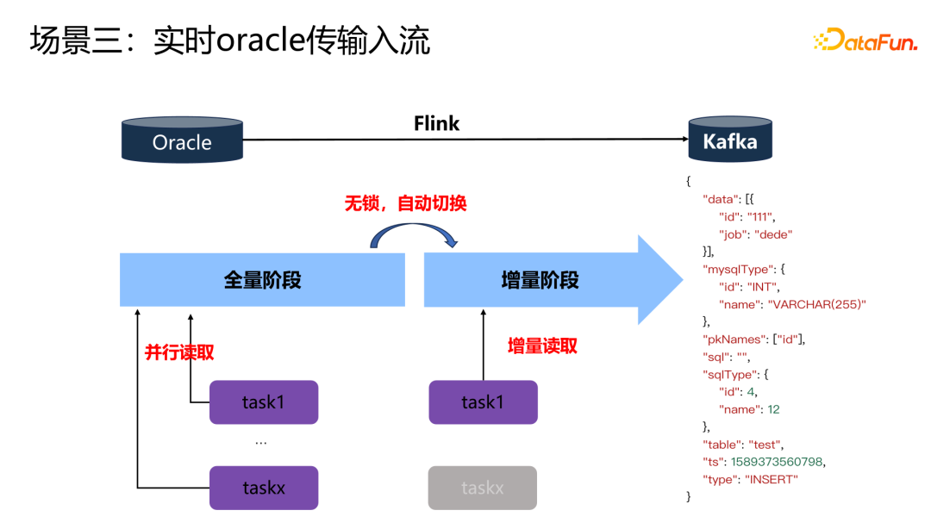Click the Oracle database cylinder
(182, 141)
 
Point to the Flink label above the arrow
(436, 123)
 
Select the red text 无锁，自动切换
(405, 203)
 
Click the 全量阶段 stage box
(262, 280)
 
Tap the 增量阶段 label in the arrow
(540, 280)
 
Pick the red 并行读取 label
(179, 352)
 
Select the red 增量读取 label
(542, 346)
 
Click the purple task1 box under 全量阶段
(264, 402)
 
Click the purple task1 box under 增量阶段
(483, 402)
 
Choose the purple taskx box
(264, 488)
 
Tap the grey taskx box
(483, 488)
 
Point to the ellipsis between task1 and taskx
(261, 442)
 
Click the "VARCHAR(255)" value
(816, 304)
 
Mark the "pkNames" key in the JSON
(735, 339)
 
